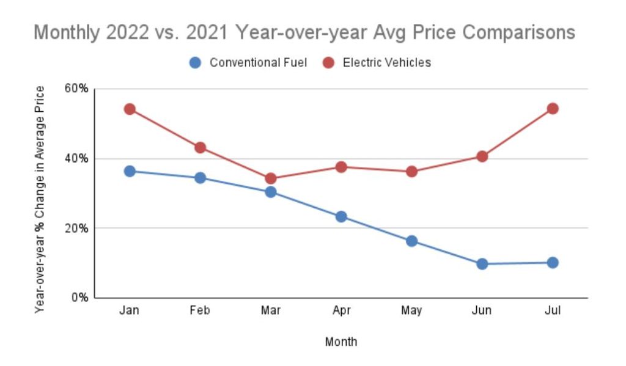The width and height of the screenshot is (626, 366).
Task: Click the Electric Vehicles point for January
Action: (130, 109)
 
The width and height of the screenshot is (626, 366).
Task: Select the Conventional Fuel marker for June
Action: (482, 264)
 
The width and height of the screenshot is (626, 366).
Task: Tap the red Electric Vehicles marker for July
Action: (553, 109)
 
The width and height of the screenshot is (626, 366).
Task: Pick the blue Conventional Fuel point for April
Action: (341, 216)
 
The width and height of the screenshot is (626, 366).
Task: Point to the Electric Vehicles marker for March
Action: (271, 178)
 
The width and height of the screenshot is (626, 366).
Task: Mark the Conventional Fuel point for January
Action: (130, 171)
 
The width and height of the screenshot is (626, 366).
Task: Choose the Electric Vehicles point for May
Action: (411, 172)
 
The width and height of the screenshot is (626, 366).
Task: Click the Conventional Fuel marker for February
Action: (200, 178)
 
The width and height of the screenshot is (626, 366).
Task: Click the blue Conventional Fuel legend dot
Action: (195, 62)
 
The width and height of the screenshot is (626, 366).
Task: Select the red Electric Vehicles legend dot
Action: (328, 62)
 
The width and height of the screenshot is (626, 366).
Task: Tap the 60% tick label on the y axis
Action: (76, 89)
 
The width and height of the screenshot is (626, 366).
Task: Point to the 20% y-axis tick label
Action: (76, 228)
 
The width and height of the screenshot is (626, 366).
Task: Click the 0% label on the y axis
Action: (79, 298)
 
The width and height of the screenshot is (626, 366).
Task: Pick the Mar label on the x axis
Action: (271, 311)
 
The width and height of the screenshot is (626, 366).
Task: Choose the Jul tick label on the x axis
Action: (553, 311)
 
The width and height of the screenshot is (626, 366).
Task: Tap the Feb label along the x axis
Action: (200, 311)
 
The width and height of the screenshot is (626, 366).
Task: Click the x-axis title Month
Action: (341, 342)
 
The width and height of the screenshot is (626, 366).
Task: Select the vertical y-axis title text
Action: (40, 199)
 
